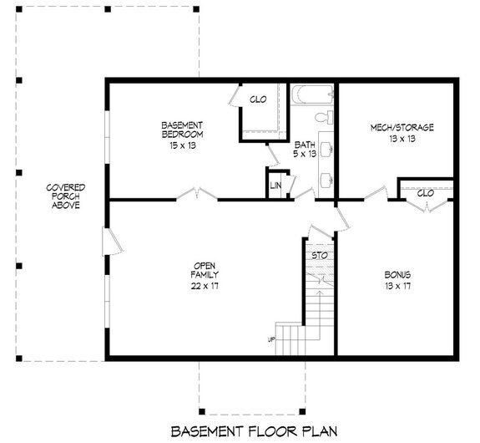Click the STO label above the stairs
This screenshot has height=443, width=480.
click(318, 254)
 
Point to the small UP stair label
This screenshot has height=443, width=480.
click(270, 339)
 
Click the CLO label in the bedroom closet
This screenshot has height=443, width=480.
click(258, 99)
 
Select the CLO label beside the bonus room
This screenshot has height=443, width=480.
click(425, 193)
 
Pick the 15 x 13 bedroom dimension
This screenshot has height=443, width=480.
click(183, 144)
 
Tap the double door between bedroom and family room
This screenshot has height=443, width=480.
click(196, 196)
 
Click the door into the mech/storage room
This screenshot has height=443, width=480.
click(376, 194)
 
